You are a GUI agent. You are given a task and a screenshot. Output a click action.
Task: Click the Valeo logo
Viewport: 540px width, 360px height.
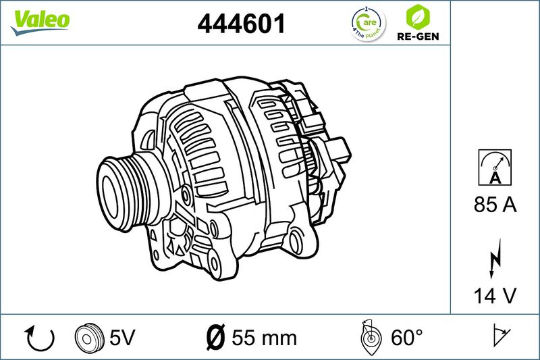click(x=40, y=22)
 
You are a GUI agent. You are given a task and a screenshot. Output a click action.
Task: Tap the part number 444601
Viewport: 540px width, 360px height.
click(x=242, y=24)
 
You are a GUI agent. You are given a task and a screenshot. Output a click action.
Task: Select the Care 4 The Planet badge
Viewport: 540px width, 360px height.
click(x=368, y=24)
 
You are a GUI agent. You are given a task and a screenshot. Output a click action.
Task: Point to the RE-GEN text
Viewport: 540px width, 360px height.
click(x=418, y=36)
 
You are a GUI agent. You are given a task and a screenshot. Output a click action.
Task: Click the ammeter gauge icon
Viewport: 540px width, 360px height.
click(x=495, y=168)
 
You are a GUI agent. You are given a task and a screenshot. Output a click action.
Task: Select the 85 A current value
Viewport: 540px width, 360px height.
click(x=495, y=204)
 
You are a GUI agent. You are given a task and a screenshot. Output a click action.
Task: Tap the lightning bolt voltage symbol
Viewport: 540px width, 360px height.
click(x=495, y=259)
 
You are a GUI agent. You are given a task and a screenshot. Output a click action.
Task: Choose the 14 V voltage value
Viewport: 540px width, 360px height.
click(x=495, y=296)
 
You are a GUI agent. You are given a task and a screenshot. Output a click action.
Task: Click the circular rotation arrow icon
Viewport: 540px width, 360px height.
click(x=39, y=338)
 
